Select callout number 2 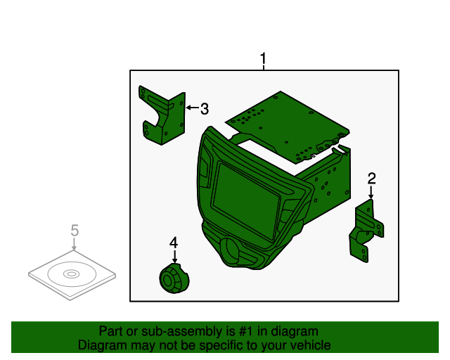pos(372,179)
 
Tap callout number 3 pos(205,109)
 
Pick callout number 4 pos(174,243)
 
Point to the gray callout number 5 pos(75,230)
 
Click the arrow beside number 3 pos(192,108)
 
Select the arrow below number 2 pos(371,192)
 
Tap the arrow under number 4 pos(174,256)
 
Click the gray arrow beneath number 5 pos(75,244)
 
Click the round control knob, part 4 pos(174,278)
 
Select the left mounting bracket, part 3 pos(162,115)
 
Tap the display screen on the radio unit pos(245,200)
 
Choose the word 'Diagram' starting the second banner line pos(103,345)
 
